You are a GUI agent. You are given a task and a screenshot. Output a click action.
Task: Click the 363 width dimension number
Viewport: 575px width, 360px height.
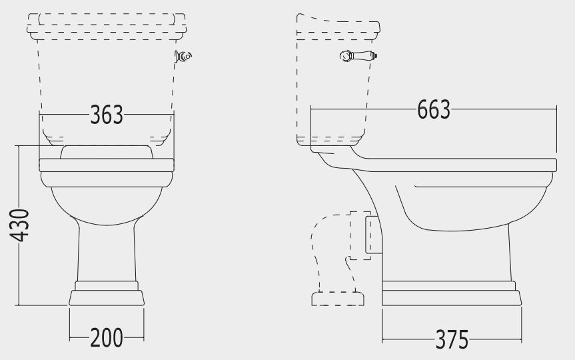(x=107, y=115)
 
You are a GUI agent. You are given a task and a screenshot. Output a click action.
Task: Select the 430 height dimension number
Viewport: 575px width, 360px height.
(x=19, y=225)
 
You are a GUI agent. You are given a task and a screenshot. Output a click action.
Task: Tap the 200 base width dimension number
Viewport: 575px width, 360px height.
(x=107, y=337)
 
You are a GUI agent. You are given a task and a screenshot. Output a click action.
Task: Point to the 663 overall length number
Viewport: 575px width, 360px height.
(x=434, y=109)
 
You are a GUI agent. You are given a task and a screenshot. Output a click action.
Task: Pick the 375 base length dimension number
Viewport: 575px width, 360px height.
(x=452, y=339)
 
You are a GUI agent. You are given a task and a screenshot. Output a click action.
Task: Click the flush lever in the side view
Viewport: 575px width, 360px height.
(x=358, y=56)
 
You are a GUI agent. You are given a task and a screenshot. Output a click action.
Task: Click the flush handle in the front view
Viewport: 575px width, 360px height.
(x=183, y=56)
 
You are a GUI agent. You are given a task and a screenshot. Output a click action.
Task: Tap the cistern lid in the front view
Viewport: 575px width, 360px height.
(x=107, y=27)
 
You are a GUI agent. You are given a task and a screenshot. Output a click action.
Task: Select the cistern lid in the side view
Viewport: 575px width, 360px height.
(x=338, y=27)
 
